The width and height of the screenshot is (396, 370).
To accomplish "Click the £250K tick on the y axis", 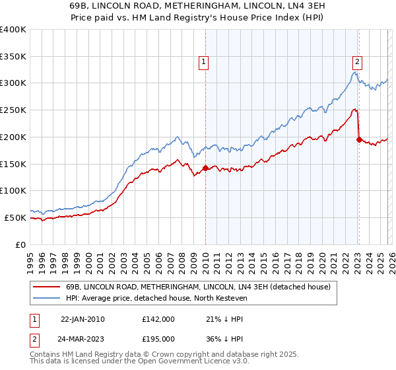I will click(x=13, y=110).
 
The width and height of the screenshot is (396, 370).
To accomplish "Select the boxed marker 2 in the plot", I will click(x=357, y=63).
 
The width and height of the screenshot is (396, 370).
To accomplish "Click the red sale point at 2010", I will click(x=205, y=168).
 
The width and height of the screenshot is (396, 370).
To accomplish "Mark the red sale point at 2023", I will click(x=359, y=139).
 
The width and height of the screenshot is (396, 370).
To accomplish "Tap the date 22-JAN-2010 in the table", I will click(x=82, y=319).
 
